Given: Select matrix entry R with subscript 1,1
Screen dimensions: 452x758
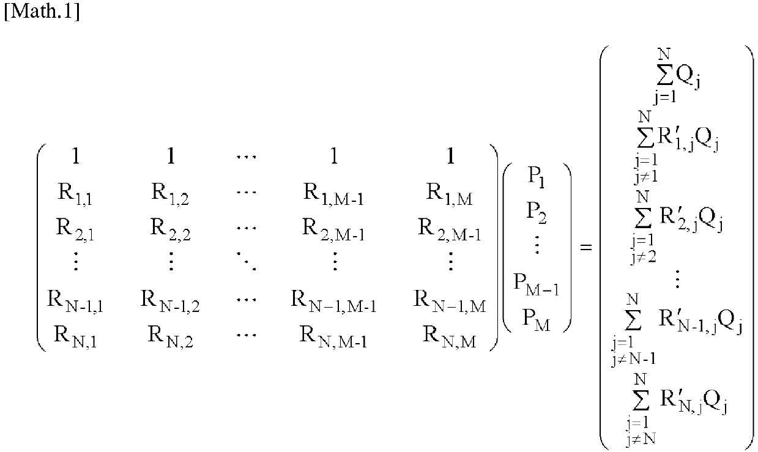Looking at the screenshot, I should click(75, 196).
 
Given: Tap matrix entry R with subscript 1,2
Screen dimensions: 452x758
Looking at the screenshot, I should click(171, 196).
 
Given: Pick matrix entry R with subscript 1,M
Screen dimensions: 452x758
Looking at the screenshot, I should click(449, 196).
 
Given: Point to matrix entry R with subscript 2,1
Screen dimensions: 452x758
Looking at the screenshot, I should click(75, 228).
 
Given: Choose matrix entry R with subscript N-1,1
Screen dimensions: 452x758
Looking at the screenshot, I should click(75, 301).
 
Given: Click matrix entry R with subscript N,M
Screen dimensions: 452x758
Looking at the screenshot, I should click(449, 334).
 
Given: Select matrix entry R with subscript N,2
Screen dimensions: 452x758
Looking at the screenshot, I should click(171, 334).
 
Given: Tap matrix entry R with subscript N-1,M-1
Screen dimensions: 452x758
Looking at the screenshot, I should click(333, 301).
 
